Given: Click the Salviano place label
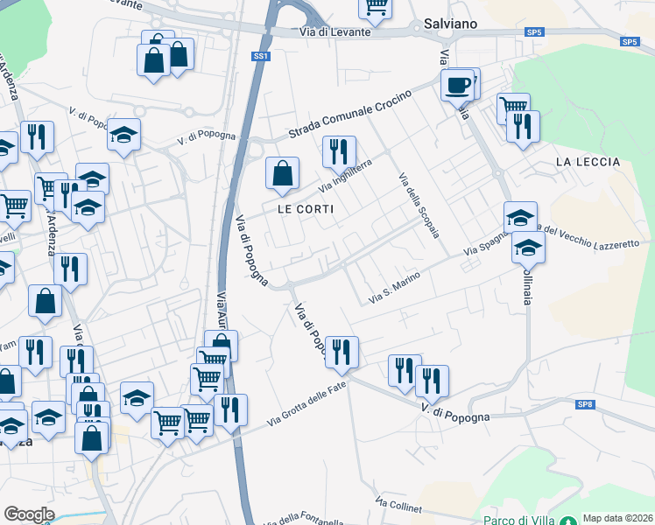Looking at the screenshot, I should coord(450,24).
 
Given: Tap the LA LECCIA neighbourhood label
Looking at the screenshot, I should coord(588,162).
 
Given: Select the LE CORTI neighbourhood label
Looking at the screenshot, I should coord(306,209).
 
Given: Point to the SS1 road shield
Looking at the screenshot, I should coord(260,56).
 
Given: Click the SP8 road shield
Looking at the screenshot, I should coord(585,403).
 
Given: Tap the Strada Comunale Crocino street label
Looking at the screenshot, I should coord(350,120).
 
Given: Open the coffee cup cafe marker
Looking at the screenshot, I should coord(456,85).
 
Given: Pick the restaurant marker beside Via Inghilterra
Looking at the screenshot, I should coord(339,151).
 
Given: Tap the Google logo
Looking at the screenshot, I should coord(29,514).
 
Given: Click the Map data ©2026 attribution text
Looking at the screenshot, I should coord(616,518).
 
